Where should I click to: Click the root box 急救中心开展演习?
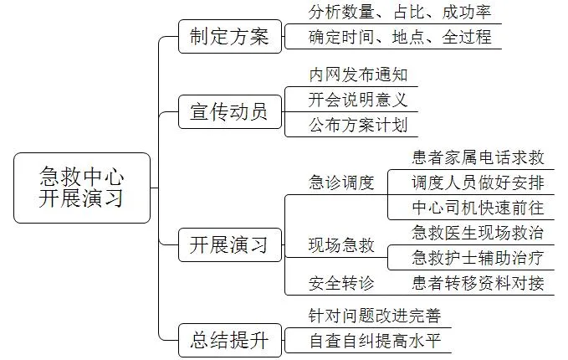82,188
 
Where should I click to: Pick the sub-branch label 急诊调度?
341,183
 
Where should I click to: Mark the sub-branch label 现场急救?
341,245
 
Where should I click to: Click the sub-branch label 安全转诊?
341,283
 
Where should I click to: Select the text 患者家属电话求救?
478,157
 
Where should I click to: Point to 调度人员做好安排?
478,183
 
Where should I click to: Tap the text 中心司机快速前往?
478,208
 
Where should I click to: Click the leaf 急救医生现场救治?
478,232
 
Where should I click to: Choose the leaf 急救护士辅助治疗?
478,257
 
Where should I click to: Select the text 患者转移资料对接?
478,283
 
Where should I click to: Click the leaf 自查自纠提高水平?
375,341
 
